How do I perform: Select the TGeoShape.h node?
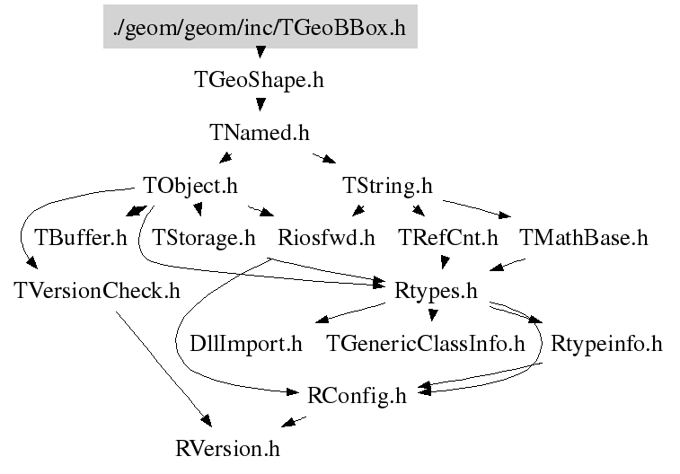259,80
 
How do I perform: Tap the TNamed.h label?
259,133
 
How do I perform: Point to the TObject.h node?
190,186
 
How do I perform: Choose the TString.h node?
387,186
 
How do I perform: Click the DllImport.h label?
246,343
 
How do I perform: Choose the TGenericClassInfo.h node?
425,343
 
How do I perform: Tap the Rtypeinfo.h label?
605,343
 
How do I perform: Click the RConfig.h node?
357,395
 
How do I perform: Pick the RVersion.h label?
233,447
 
